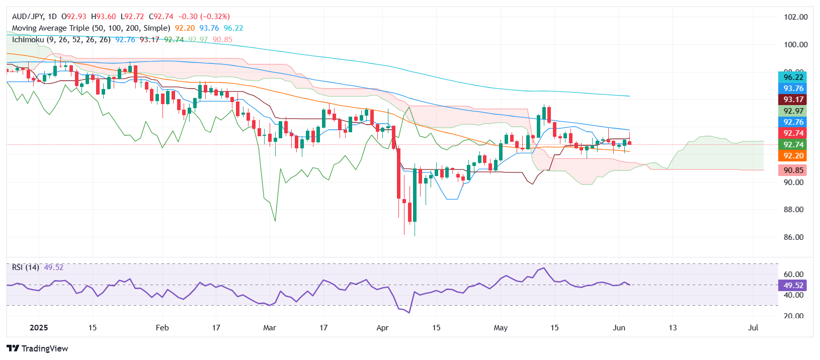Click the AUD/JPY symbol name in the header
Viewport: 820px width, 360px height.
click(x=28, y=17)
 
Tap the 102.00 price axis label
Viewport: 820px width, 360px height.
click(x=795, y=17)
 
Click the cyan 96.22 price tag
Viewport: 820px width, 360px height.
click(x=793, y=77)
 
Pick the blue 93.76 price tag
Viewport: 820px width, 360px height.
click(x=793, y=88)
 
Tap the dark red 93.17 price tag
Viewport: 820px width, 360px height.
click(x=793, y=100)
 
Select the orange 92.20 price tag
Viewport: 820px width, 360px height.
click(x=793, y=156)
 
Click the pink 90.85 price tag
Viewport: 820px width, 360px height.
click(x=793, y=170)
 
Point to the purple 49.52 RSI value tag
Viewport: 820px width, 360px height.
click(x=793, y=286)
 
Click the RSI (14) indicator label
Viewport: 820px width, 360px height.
click(x=26, y=267)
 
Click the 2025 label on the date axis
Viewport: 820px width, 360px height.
click(x=39, y=328)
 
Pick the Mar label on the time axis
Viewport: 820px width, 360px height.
click(x=270, y=328)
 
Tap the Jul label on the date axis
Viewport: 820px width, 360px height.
click(x=753, y=328)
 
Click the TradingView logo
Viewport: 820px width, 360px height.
click(x=38, y=348)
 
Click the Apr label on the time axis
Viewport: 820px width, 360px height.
click(x=382, y=328)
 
